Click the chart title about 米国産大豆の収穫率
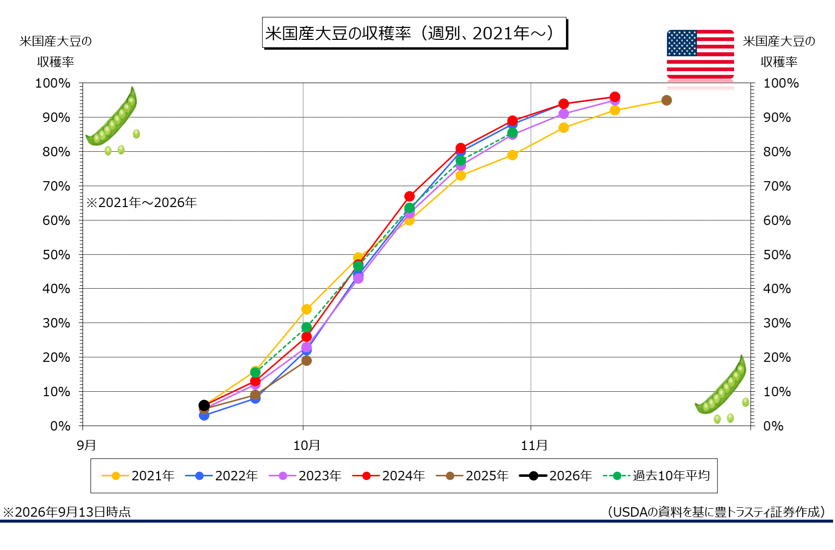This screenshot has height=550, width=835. (414, 33)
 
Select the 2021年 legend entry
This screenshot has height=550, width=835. (138, 476)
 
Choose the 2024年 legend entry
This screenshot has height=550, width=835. (388, 476)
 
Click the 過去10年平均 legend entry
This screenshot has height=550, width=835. (656, 476)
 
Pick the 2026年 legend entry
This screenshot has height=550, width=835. (556, 476)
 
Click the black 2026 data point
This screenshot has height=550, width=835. (204, 405)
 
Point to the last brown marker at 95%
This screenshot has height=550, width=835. (666, 101)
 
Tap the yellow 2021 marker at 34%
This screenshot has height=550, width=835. (306, 309)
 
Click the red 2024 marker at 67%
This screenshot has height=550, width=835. (409, 196)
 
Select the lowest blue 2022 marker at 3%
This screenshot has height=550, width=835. (204, 415)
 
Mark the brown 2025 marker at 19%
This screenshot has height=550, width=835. (306, 360)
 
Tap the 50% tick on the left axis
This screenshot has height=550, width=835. (56, 255)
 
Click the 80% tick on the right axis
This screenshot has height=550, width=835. (777, 152)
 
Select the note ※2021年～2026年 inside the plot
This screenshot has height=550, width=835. (142, 203)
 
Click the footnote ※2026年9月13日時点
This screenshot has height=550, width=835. (67, 512)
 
